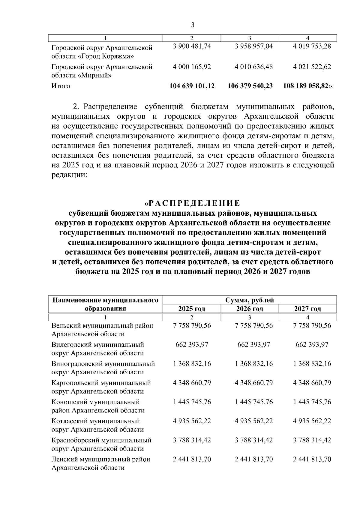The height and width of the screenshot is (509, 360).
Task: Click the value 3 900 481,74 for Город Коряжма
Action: (192, 47)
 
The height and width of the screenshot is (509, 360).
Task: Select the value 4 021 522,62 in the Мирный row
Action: (312, 67)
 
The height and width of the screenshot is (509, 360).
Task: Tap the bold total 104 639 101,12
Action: (192, 86)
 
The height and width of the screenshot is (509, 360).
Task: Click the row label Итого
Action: (61, 86)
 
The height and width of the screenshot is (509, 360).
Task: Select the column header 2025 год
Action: (192, 309)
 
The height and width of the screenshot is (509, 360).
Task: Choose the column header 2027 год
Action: (307, 309)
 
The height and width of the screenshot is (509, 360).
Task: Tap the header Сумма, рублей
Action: (250, 300)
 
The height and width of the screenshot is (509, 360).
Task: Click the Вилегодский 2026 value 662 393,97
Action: (254, 345)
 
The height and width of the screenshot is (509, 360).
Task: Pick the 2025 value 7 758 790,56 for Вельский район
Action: (192, 325)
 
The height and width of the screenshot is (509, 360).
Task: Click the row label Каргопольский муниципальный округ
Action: (101, 387)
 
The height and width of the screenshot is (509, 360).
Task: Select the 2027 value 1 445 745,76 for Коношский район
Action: (312, 402)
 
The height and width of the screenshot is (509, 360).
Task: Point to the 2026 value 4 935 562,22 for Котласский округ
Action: (254, 421)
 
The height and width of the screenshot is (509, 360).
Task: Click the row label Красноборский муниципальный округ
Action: (101, 445)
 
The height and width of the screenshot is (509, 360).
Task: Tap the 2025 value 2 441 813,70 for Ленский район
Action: (192, 459)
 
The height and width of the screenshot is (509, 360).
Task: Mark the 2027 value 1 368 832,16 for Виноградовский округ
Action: (312, 364)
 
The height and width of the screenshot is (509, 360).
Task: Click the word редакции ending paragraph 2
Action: (69, 175)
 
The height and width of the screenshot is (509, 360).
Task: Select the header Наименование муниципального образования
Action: (105, 304)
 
